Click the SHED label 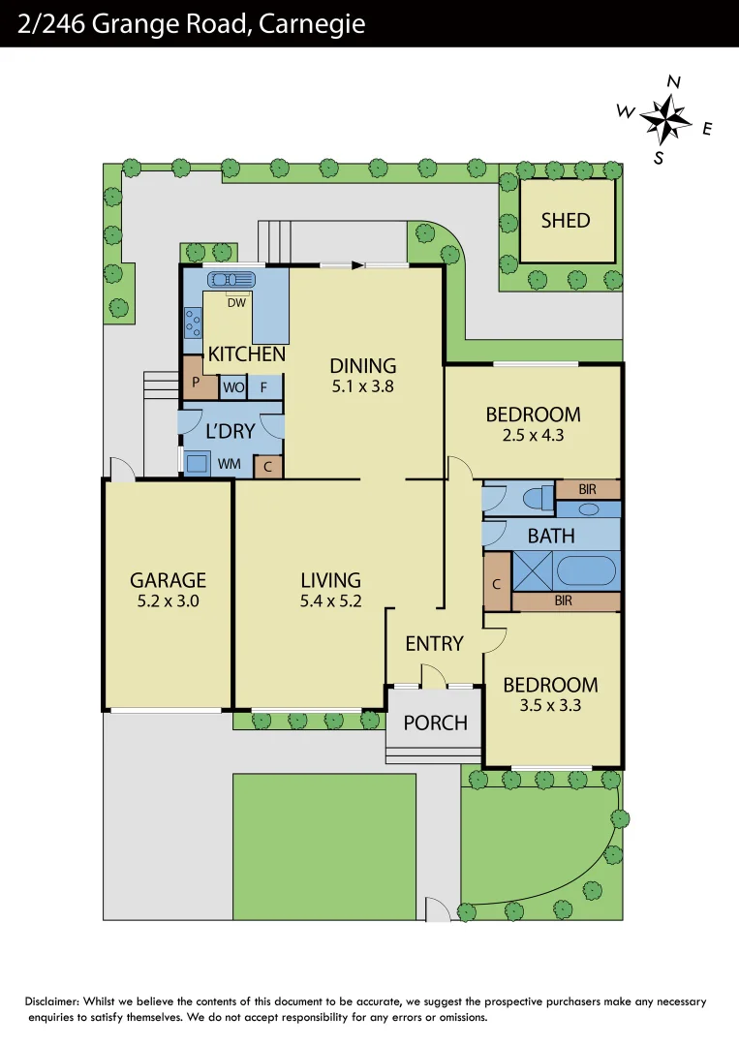566,220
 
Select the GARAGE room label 169,580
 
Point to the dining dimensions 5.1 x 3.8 363,385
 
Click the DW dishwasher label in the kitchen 236,302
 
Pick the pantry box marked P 196,382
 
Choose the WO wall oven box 232,387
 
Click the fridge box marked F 263,387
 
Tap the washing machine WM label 229,464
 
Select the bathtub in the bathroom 586,569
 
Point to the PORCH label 435,723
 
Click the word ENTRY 434,643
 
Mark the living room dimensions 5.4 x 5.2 330,600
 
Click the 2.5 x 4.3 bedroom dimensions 533,435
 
